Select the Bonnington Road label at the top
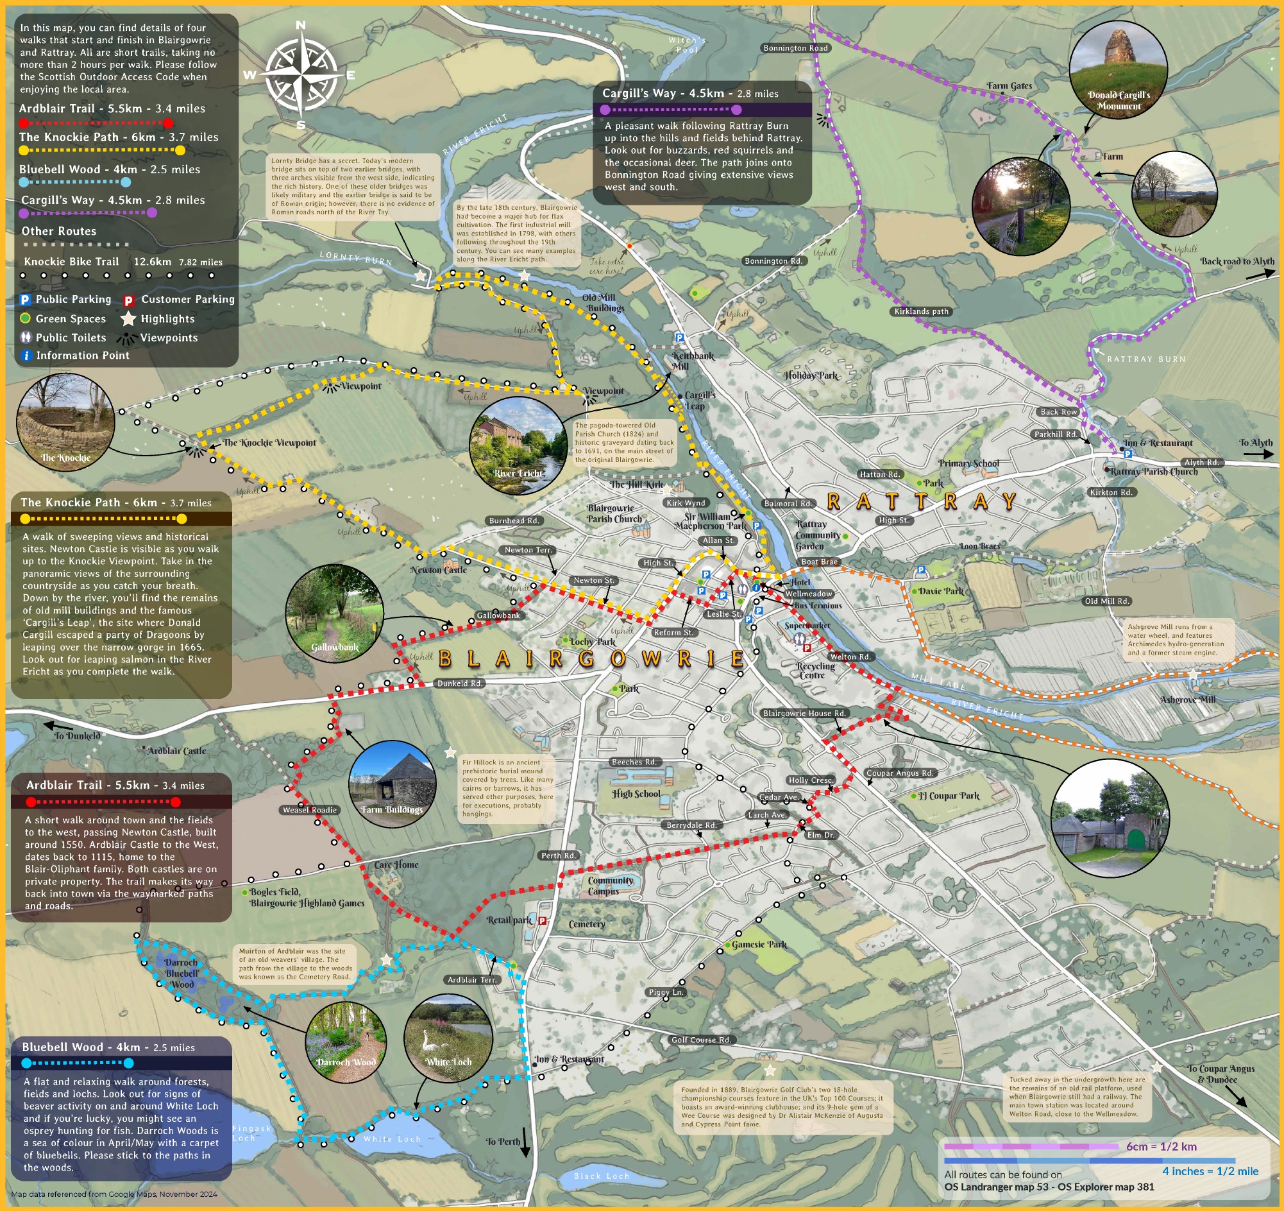pos(795,48)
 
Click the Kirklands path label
pos(921,311)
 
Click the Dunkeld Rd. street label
pos(459,683)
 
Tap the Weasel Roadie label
pos(309,810)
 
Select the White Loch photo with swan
pos(448,1037)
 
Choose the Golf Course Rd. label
pos(701,1040)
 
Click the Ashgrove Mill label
pos(1187,700)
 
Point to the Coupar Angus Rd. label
pos(900,773)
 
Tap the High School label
pos(636,794)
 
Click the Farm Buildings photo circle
pos(392,784)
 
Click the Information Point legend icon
pos(26,356)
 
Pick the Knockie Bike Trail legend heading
pos(71,262)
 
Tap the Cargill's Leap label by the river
pos(699,400)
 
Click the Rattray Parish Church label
pos(1154,471)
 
